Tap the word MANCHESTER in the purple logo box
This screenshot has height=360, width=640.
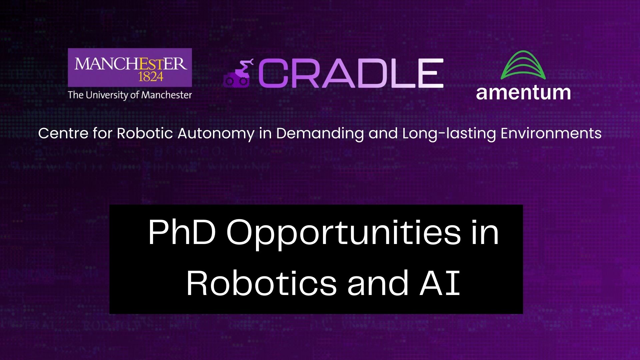[130, 64]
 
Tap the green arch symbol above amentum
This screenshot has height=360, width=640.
[523, 65]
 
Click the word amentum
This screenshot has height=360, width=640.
[523, 93]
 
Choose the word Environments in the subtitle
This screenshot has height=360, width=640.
[551, 133]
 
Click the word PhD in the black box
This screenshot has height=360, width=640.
[182, 232]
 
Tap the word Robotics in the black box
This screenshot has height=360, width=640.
[261, 283]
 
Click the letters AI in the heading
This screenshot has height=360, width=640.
[440, 283]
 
